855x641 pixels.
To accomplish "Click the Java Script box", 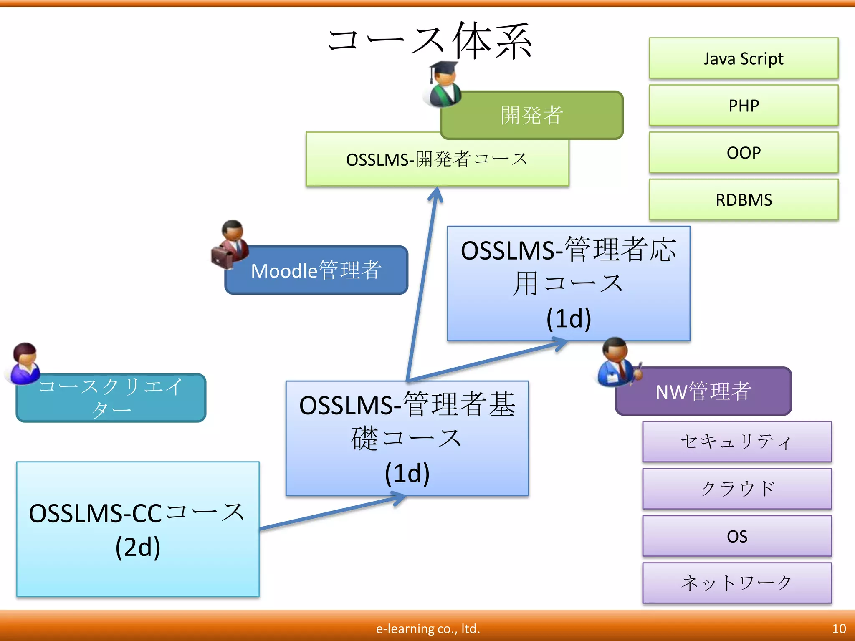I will pos(744,58).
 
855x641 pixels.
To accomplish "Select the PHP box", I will pos(744,106).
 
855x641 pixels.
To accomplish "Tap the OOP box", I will pos(744,153).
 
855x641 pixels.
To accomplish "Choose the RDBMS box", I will pos(744,200).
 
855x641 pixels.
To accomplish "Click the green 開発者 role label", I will pos(532,115).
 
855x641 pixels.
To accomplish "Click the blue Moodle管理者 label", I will pos(316,270).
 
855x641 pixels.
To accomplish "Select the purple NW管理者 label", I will pos(703,391).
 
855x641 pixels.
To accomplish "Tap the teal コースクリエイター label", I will pos(111,398).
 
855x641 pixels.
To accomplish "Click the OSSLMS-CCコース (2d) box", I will pos(138,529).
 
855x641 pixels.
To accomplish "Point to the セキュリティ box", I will pos(737,442).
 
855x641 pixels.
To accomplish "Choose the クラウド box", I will pos(737,489).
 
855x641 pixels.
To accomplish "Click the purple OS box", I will pos(737,536).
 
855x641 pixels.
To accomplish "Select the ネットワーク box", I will pos(737,583).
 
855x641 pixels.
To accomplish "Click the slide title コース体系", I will pos(430,41).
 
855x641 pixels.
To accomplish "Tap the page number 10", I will pos(839,628).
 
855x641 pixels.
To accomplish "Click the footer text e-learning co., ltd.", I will pos(428,628).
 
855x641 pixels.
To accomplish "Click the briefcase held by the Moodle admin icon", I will pos(222,257).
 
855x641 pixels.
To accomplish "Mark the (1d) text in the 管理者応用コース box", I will pos(569,318).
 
